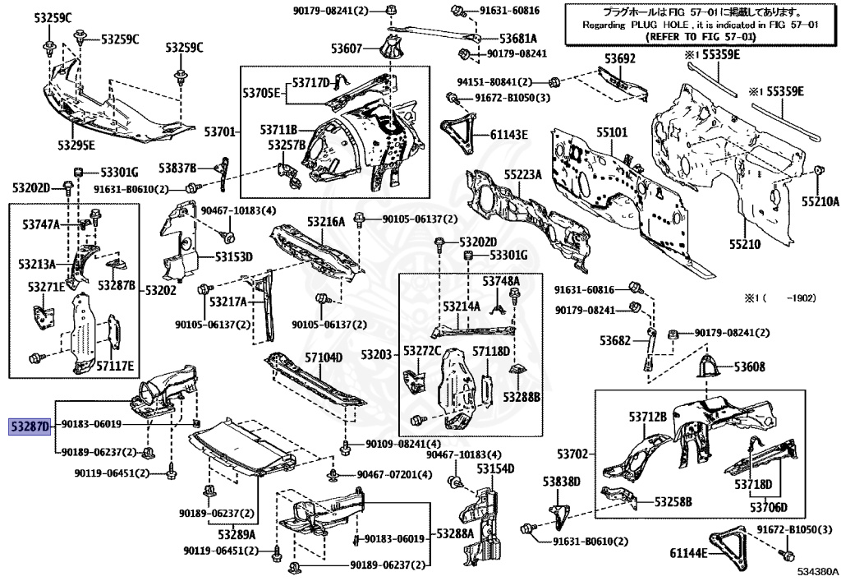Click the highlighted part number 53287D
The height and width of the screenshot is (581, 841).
[30, 427]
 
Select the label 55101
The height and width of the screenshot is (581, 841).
[612, 132]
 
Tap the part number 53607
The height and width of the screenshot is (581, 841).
[347, 48]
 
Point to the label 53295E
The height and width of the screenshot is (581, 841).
[76, 145]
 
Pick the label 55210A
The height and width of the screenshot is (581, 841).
[820, 201]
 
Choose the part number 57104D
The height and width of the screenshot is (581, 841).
[324, 357]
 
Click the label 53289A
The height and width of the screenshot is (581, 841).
[237, 534]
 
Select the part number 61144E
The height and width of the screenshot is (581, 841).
[689, 553]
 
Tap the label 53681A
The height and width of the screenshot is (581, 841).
[518, 39]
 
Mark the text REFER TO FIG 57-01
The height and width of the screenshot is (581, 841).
[701, 36]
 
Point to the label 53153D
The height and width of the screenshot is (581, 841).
[234, 257]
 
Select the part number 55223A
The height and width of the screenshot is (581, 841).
[522, 175]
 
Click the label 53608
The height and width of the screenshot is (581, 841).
[749, 367]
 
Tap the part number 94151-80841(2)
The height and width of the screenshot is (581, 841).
[494, 82]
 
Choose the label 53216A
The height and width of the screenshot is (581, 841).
[326, 222]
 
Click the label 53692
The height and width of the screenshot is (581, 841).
[620, 58]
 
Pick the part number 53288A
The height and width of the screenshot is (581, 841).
[455, 534]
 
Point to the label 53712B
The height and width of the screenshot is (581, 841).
[648, 417]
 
